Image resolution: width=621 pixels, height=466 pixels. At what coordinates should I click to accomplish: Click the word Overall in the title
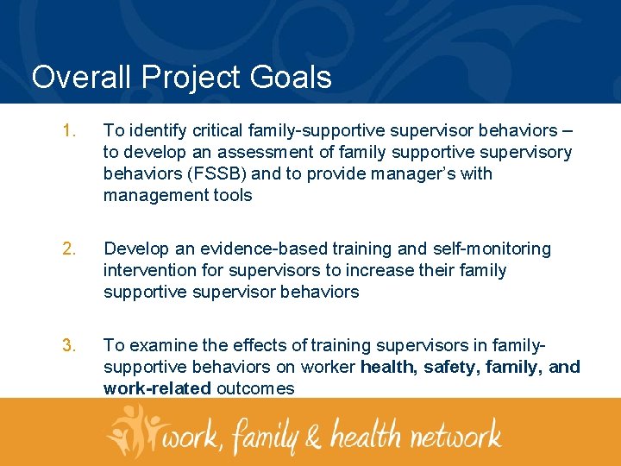pos(81,77)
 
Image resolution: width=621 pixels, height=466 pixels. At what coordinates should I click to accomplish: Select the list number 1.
pos(68,131)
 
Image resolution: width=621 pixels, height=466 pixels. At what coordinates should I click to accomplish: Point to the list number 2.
pos(68,249)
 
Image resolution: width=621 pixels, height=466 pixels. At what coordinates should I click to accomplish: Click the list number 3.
pos(68,346)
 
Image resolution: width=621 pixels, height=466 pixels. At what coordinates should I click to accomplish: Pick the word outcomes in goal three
pos(255,389)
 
